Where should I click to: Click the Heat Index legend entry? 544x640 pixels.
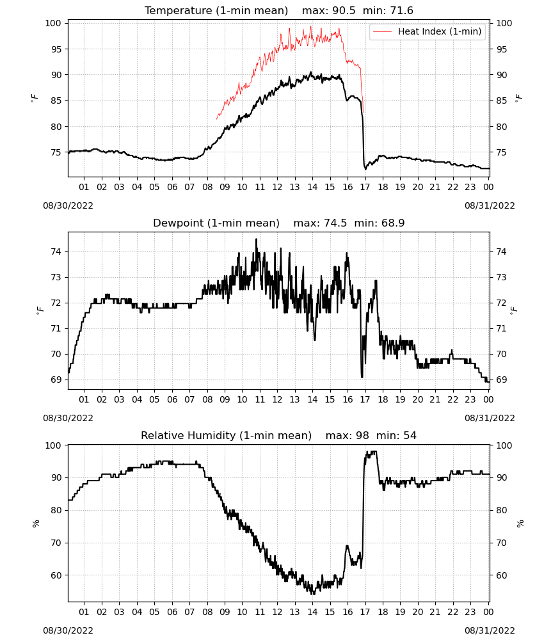click(428, 31)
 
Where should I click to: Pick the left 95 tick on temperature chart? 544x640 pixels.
click(56, 49)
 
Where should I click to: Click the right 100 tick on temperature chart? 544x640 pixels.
click(504, 23)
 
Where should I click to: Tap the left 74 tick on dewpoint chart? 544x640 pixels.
click(56, 252)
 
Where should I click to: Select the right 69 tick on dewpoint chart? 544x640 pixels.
click(501, 380)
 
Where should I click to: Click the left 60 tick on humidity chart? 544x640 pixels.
click(56, 575)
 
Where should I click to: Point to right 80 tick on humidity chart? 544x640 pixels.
click(501, 510)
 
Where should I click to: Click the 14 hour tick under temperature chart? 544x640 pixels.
click(312, 187)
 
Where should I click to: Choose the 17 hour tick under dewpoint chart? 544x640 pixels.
click(365, 399)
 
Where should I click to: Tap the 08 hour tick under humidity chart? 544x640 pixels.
click(207, 612)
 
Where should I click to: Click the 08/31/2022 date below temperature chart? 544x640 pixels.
click(490, 205)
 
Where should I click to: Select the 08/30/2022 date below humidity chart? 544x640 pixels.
click(68, 630)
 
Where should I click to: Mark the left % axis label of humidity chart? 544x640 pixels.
click(36, 524)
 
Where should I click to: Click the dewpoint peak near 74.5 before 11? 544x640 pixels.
click(256, 239)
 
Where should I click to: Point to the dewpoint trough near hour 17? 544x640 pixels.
click(362, 377)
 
